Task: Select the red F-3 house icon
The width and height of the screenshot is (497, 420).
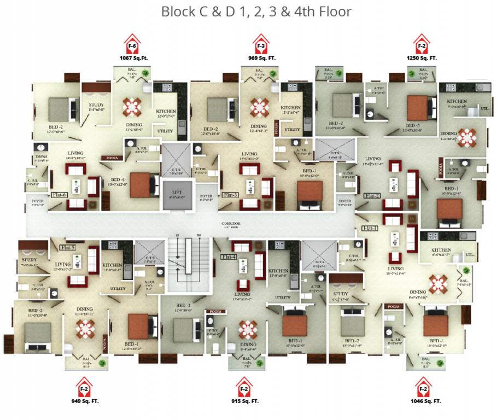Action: point(261,43)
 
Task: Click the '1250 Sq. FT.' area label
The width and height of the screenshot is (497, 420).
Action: point(422,57)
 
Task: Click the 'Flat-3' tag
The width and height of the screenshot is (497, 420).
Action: point(230,195)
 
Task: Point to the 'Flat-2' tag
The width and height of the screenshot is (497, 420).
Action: point(372,195)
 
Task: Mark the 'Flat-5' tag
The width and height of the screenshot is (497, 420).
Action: point(68,247)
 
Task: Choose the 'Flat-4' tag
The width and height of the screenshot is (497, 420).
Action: point(229,256)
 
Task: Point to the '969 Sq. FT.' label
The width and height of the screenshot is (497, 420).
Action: point(261,57)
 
